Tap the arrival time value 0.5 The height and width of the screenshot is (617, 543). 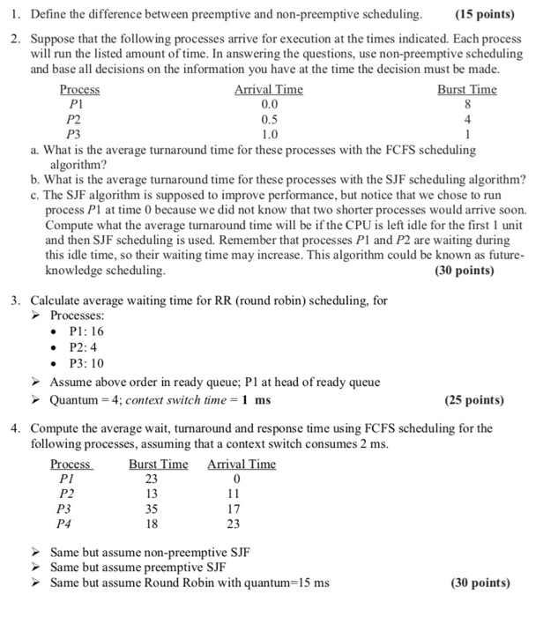click(269, 119)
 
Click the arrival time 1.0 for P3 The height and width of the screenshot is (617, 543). click(269, 134)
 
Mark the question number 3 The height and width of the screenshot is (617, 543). click(16, 300)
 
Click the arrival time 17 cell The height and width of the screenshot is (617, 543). click(233, 509)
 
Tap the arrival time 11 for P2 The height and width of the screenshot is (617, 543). click(233, 494)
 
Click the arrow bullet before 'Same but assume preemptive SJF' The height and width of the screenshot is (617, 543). click(40, 568)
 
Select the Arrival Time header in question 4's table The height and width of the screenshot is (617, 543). click(242, 465)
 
